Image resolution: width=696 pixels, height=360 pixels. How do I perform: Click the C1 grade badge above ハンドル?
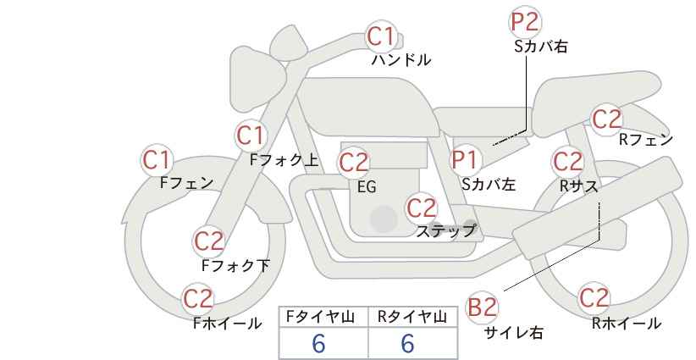(381, 36)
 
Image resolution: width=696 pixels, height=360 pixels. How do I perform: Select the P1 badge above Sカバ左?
(465, 158)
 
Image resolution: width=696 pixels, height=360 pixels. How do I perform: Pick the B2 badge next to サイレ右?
(483, 307)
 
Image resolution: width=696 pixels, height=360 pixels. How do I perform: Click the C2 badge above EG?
(354, 162)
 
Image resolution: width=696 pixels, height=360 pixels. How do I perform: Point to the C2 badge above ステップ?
(421, 208)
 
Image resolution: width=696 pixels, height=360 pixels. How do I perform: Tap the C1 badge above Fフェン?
(157, 159)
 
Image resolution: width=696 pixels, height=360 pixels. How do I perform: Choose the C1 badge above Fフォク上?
(251, 135)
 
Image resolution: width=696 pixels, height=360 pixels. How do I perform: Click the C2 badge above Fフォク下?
(208, 241)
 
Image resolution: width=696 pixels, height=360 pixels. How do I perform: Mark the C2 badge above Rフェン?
(606, 119)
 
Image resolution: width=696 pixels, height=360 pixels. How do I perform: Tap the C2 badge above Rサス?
(566, 160)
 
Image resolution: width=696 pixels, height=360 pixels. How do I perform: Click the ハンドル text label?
(402, 61)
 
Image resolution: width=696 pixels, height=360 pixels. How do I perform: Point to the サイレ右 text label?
(513, 333)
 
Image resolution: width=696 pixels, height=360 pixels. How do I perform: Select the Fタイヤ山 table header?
(323, 317)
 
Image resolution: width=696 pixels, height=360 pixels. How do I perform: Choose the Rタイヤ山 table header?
(412, 317)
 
